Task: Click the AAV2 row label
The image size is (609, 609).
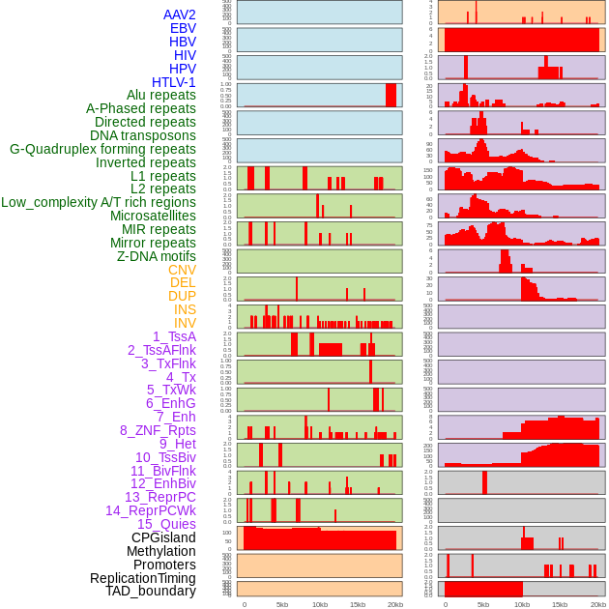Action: (179, 14)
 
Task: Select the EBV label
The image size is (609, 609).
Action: (183, 28)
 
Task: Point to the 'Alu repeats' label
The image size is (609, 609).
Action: (160, 95)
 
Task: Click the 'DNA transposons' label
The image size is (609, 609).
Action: (142, 135)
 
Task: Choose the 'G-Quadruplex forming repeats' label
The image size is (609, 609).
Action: (102, 149)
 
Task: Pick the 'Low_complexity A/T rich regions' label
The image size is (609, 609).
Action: (98, 202)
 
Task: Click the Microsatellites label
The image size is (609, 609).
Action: (153, 216)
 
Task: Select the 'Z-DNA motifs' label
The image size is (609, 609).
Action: (156, 256)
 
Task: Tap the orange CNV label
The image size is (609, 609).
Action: (182, 270)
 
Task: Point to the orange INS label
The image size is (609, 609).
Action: (185, 309)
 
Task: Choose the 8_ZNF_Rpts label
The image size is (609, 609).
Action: (158, 430)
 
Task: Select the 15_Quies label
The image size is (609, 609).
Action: (165, 524)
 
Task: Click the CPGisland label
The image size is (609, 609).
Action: (163, 537)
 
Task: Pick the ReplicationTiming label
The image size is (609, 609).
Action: (142, 578)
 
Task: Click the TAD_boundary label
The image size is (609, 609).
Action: (150, 591)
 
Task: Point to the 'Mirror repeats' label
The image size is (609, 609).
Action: (153, 243)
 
